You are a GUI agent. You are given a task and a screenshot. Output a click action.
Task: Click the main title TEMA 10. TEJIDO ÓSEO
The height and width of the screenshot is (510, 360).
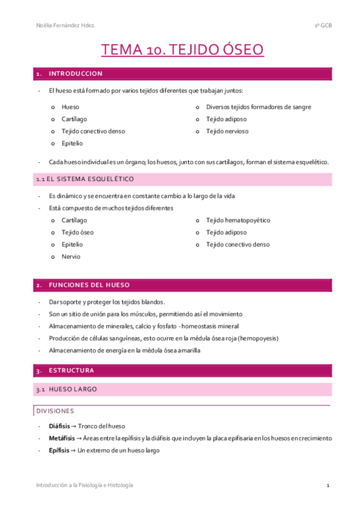182,50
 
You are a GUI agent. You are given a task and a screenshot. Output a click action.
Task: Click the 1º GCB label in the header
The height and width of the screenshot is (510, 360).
323,25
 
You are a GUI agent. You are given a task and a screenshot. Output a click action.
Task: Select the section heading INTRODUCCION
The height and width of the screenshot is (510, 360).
76,74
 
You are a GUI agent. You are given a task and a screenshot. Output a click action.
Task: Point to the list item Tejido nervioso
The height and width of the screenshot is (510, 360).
227,131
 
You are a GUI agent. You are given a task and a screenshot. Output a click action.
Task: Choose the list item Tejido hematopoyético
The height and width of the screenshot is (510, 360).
238,221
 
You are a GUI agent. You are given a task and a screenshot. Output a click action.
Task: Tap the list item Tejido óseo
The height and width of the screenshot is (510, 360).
78,233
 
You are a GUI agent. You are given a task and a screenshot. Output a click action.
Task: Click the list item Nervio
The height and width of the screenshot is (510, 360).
71,257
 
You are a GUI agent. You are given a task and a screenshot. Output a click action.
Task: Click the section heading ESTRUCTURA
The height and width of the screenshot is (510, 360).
72,370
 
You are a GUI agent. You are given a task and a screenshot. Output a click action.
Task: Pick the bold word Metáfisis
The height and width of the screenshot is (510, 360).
62,438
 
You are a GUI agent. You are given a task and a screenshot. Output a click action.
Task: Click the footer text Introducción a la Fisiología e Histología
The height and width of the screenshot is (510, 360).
84,485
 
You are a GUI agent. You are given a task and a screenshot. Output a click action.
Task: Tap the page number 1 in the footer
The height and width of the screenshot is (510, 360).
328,485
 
